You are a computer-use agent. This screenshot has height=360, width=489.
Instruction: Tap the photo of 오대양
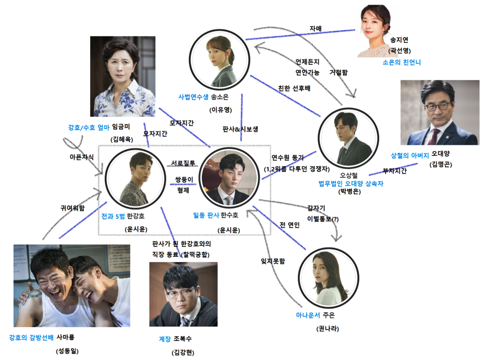(439, 112)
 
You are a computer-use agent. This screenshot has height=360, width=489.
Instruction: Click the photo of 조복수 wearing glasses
(183, 294)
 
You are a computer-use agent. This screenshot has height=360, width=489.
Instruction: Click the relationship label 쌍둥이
(182, 180)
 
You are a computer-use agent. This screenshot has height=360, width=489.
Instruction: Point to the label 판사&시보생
(241, 129)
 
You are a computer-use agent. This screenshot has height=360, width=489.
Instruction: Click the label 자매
(315, 28)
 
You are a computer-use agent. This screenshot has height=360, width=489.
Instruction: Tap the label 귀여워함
(72, 208)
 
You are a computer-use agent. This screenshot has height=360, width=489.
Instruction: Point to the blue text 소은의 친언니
(402, 63)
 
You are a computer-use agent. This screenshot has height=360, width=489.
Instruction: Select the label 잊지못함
(273, 261)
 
